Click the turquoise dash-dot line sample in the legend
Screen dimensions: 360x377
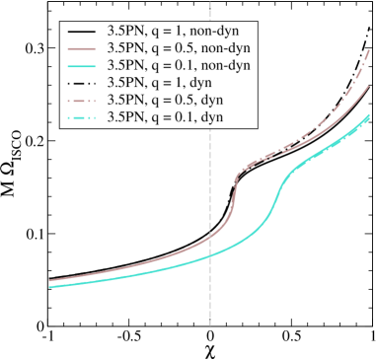pyautogui.click(x=82, y=119)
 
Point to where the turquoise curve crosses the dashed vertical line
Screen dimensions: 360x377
pyautogui.click(x=209, y=255)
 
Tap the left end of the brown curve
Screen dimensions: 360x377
pyautogui.click(x=48, y=280)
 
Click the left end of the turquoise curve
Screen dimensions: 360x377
pyautogui.click(x=48, y=287)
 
